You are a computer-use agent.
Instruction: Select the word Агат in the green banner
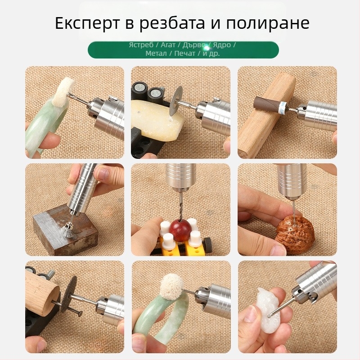pyautogui.click(x=168, y=45)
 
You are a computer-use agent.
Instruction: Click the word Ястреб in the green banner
pyautogui.click(x=141, y=45)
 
